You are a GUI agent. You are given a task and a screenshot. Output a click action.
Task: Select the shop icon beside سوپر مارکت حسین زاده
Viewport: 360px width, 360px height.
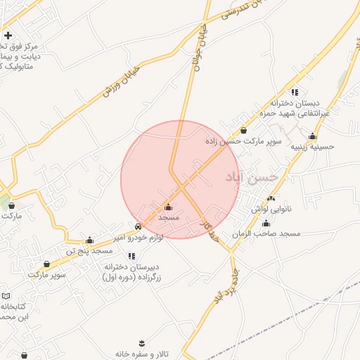(243, 130)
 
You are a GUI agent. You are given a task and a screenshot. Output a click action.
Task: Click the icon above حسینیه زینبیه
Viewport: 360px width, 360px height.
(312, 136)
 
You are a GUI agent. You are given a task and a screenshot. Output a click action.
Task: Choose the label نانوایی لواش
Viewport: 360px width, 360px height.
(271, 210)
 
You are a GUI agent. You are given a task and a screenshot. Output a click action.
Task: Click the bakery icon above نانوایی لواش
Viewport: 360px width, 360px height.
(271, 199)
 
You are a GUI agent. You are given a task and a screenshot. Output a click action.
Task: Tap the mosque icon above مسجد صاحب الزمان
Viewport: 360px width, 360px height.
(266, 223)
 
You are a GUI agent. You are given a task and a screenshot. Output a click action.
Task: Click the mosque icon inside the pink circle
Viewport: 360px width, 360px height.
(168, 207)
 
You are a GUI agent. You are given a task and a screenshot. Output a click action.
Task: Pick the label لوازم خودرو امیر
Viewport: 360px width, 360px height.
(139, 238)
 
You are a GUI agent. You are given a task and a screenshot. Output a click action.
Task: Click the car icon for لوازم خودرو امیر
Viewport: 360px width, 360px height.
(138, 227)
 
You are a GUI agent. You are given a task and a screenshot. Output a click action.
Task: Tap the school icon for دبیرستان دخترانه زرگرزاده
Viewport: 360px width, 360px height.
(131, 257)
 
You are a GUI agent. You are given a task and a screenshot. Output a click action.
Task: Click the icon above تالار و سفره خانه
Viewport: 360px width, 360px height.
(143, 342)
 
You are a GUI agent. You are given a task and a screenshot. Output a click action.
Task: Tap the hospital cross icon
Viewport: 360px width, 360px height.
(8, 34)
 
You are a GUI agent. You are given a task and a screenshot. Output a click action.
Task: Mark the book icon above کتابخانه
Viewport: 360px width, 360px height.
(6, 296)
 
